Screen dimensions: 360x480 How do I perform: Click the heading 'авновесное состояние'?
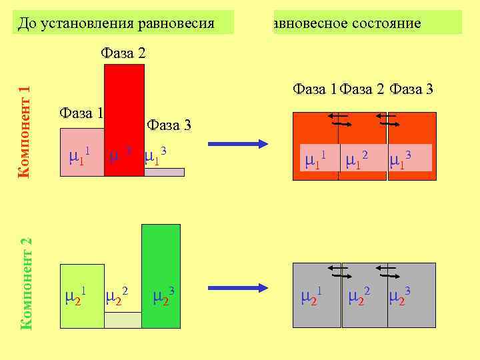[347, 23]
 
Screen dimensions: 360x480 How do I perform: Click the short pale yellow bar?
[123, 320]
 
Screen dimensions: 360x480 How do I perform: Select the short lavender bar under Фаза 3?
[164, 172]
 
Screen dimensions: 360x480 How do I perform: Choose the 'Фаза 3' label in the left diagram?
[169, 125]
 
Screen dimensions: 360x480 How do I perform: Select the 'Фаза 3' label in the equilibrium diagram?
[412, 88]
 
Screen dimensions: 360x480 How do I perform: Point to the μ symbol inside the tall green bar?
[160, 296]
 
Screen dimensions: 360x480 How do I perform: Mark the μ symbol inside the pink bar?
[75, 159]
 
